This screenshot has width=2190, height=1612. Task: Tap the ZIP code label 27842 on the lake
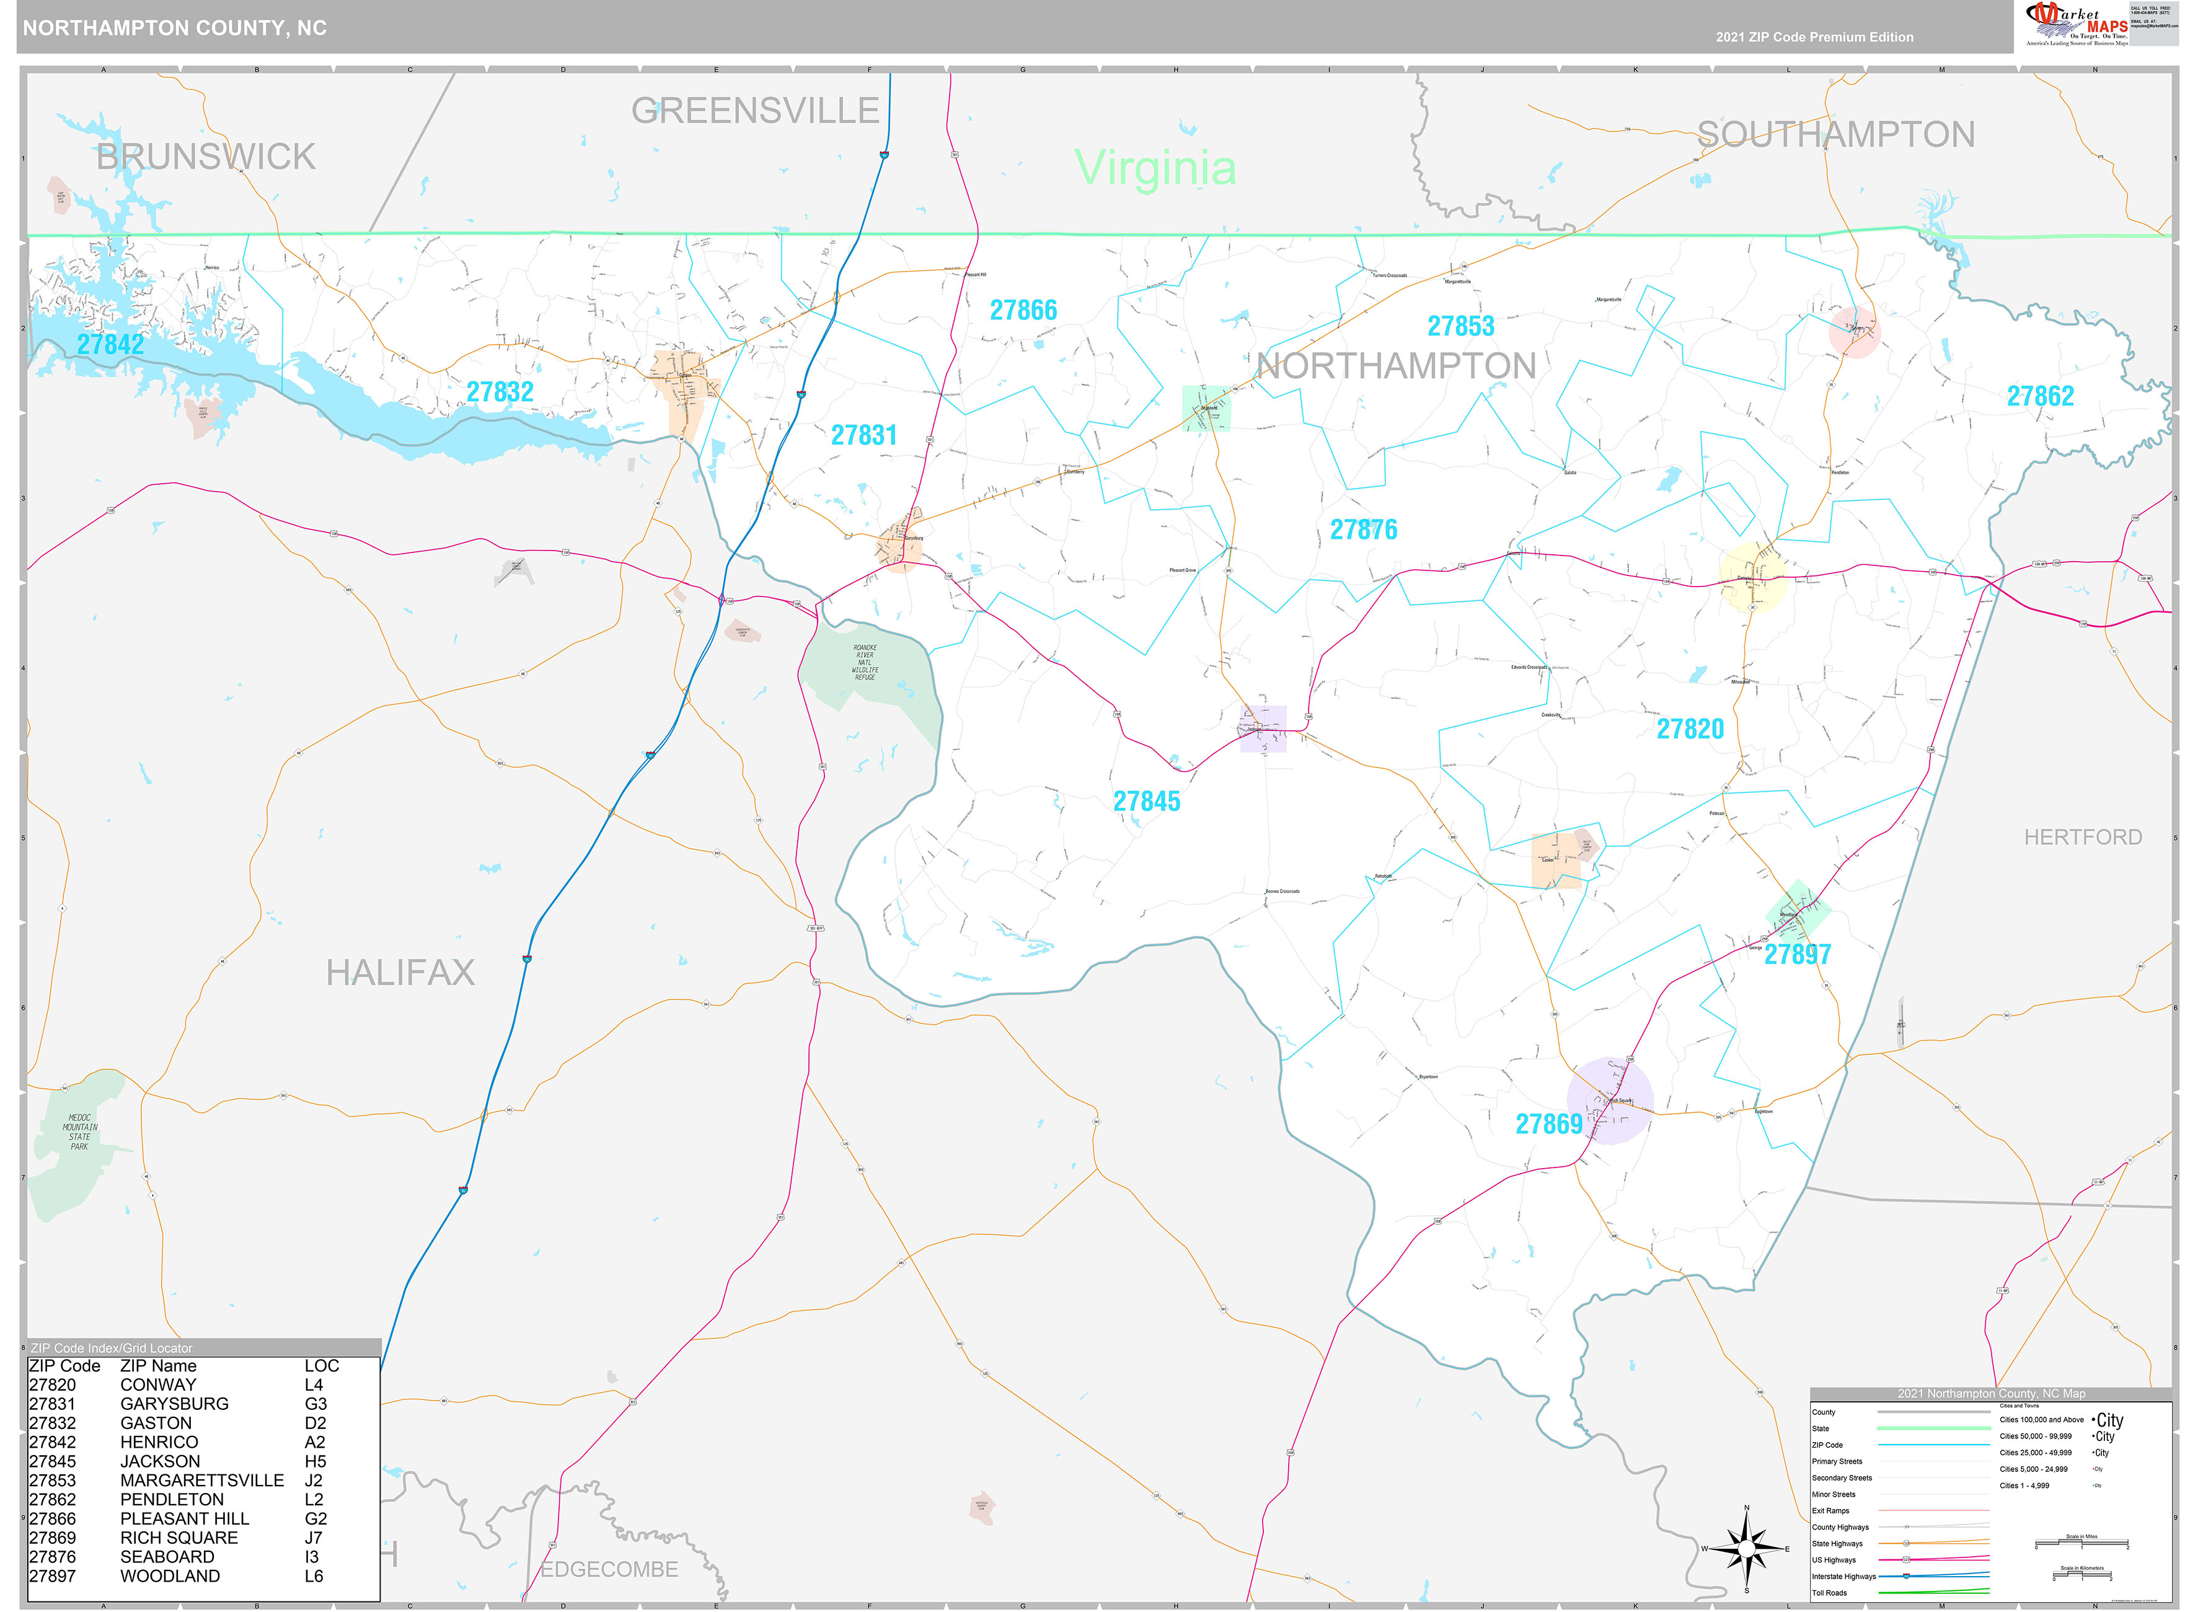click(x=110, y=345)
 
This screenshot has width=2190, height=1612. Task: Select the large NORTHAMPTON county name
click(x=1396, y=366)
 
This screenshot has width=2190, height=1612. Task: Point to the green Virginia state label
click(x=1155, y=168)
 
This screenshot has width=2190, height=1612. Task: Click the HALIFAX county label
click(x=400, y=973)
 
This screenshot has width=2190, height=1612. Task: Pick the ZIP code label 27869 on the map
click(x=1548, y=1124)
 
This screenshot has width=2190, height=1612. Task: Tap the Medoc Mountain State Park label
click(x=79, y=1132)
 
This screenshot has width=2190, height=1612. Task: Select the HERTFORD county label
click(x=2083, y=837)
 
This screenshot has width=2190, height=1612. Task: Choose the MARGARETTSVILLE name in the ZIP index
click(x=202, y=1481)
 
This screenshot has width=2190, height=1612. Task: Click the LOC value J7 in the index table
click(x=312, y=1538)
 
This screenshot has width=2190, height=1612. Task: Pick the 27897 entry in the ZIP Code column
click(x=53, y=1576)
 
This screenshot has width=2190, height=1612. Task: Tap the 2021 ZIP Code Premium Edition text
click(x=1814, y=37)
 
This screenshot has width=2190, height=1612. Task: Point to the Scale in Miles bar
click(x=2081, y=1544)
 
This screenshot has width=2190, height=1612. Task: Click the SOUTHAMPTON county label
click(x=1836, y=135)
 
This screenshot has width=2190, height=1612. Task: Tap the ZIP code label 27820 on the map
click(x=1690, y=729)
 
